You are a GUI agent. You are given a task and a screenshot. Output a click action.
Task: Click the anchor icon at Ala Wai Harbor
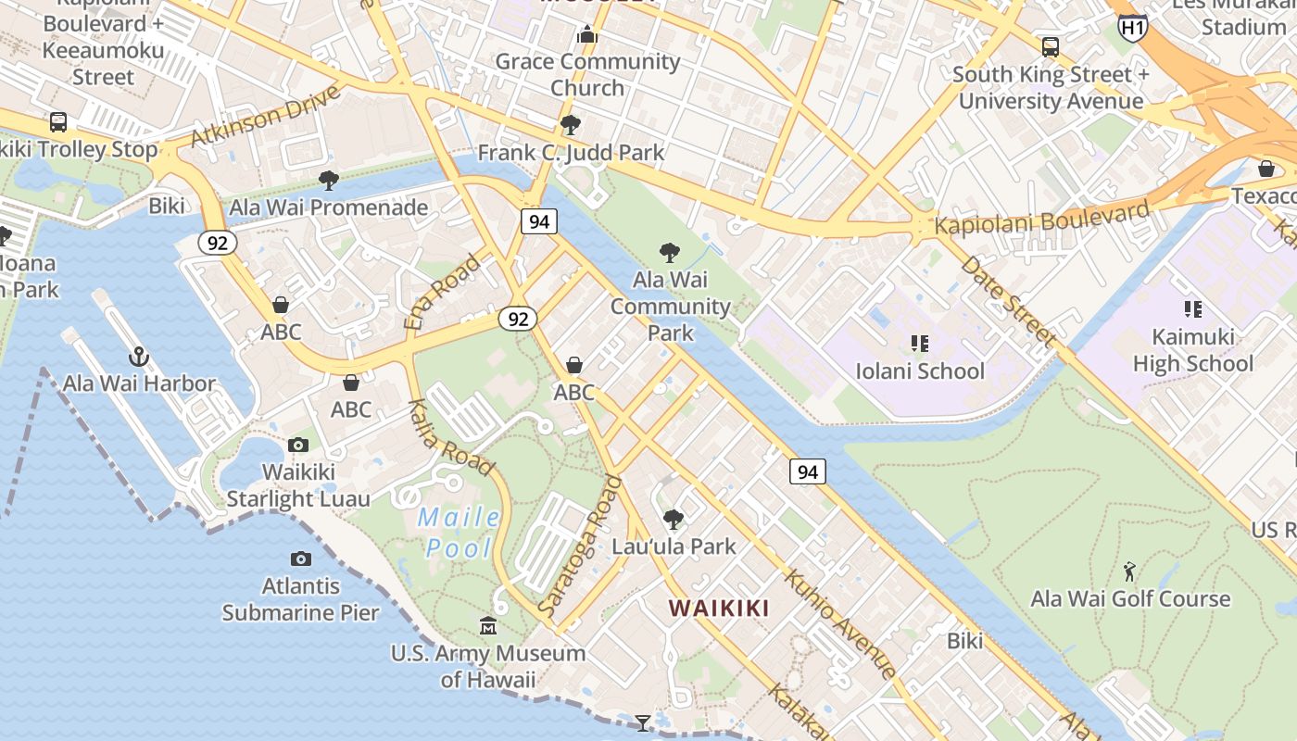click(x=138, y=357)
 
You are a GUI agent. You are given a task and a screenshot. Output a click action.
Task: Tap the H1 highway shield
click(x=1132, y=27)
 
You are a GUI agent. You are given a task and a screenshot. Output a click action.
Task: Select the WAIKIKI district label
click(x=719, y=609)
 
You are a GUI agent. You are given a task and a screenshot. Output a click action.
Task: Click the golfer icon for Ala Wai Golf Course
click(x=1129, y=571)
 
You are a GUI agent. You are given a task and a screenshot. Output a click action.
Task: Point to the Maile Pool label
click(x=460, y=533)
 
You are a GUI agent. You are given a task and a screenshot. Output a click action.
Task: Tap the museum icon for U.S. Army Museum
click(x=488, y=626)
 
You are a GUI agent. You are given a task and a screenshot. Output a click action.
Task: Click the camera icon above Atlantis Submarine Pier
click(x=300, y=559)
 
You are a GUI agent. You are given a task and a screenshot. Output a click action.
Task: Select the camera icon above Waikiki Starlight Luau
click(x=297, y=445)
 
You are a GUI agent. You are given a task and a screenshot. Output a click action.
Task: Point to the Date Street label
click(x=1007, y=302)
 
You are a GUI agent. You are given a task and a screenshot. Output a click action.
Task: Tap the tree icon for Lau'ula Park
click(x=674, y=519)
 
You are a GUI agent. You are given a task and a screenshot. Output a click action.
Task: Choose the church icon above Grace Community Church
click(x=586, y=35)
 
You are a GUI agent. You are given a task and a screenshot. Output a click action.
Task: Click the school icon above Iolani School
click(x=919, y=344)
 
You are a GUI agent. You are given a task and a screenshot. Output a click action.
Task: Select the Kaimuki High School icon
click(x=1192, y=309)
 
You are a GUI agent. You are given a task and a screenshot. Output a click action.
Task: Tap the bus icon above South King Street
click(x=1050, y=46)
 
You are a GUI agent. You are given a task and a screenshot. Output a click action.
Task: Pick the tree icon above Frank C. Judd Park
click(x=570, y=124)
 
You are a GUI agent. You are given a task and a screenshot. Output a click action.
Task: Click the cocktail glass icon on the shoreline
click(x=642, y=722)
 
